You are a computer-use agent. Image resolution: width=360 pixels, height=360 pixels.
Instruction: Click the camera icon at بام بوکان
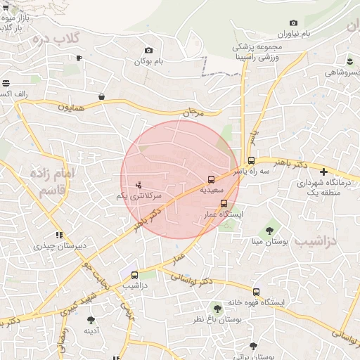click(x=148, y=51)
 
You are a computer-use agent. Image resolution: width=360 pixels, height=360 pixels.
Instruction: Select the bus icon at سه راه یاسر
click(x=252, y=160)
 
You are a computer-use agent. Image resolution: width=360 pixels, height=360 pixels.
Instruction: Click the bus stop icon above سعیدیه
click(x=211, y=179)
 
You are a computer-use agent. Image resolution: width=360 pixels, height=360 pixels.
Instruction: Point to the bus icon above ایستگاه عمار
click(x=224, y=203)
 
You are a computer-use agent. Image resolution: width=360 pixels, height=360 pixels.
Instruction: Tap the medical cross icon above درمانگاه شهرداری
click(x=323, y=172)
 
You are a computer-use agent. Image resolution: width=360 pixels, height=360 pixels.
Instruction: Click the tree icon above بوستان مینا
click(x=270, y=231)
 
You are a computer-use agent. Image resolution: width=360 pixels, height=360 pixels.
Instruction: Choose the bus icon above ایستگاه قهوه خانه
click(x=255, y=292)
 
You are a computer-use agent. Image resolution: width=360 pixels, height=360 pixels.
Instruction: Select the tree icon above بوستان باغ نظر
click(x=217, y=308)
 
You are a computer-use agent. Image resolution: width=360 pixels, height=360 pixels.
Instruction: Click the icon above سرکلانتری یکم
click(x=139, y=185)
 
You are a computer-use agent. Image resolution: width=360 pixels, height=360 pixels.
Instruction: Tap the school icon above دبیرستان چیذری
click(x=59, y=235)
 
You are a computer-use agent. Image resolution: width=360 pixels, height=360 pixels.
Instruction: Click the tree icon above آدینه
click(x=90, y=320)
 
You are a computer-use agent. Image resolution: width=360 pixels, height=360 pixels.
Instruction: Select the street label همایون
click(x=70, y=108)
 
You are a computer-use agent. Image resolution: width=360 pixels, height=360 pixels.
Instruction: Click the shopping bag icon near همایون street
click(x=102, y=96)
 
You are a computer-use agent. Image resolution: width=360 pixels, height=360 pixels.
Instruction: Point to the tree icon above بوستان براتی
click(x=253, y=346)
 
